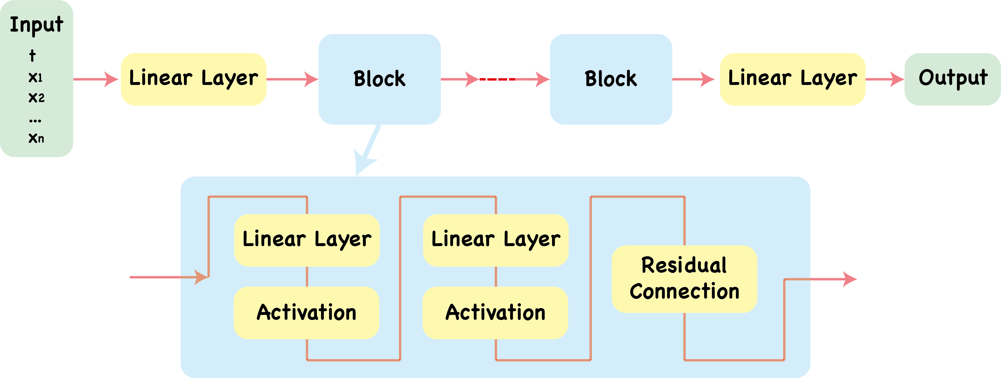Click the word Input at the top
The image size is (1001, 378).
(37, 25)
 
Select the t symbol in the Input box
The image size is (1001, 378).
(33, 55)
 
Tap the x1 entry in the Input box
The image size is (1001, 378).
(35, 77)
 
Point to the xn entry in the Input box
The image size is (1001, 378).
(36, 138)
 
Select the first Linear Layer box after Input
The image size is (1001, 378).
(193, 79)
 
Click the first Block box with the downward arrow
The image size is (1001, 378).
(379, 79)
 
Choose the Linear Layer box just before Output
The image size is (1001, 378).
(792, 79)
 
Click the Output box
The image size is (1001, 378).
(952, 79)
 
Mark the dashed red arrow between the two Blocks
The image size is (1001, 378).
(494, 79)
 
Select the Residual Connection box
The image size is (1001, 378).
(684, 279)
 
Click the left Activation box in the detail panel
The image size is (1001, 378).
(306, 312)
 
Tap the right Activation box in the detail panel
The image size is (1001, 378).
(495, 312)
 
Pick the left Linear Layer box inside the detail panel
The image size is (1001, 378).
(307, 240)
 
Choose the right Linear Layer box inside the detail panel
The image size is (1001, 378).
(495, 240)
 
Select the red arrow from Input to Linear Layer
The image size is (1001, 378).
(95, 79)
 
